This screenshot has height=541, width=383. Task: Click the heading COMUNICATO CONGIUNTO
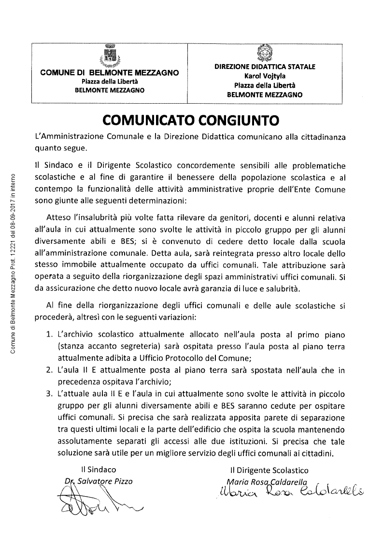click(191, 119)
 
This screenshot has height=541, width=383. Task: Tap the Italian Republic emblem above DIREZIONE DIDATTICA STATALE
click(264, 52)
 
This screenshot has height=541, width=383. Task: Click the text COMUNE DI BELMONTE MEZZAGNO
click(110, 73)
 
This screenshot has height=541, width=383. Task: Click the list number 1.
click(49, 334)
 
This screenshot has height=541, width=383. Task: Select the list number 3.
click(49, 393)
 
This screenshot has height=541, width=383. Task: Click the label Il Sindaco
click(99, 469)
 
